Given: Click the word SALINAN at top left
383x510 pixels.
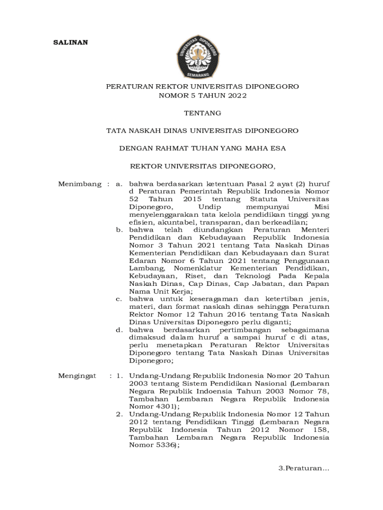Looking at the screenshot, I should (x=71, y=42).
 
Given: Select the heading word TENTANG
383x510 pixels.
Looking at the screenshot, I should (x=202, y=114).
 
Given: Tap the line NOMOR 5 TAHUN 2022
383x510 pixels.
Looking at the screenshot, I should (x=202, y=96).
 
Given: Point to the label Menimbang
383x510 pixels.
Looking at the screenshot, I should (x=80, y=184).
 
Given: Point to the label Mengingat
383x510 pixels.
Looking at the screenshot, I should (x=77, y=376).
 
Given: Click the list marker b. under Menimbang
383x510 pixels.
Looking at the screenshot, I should (x=119, y=230).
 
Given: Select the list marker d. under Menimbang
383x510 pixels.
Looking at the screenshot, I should (x=119, y=330).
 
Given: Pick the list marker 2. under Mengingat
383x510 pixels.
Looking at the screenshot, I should (x=120, y=414).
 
